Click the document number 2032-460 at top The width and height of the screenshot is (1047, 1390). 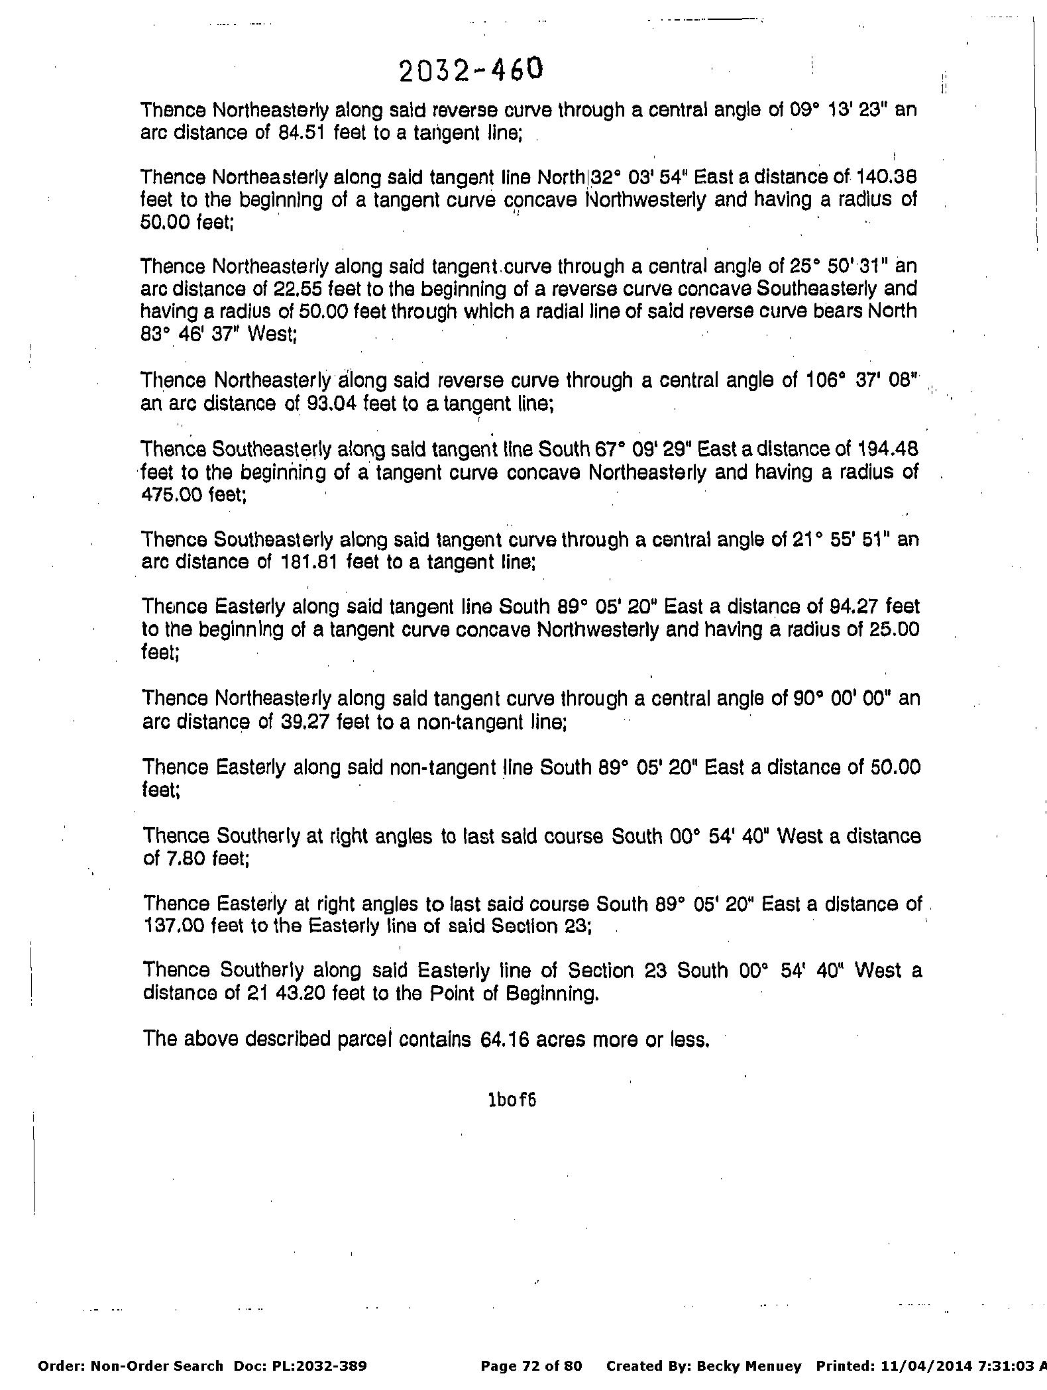(470, 70)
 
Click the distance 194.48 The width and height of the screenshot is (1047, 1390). (888, 449)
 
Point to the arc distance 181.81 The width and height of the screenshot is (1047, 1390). (302, 562)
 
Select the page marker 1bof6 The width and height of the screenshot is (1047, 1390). (512, 1100)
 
